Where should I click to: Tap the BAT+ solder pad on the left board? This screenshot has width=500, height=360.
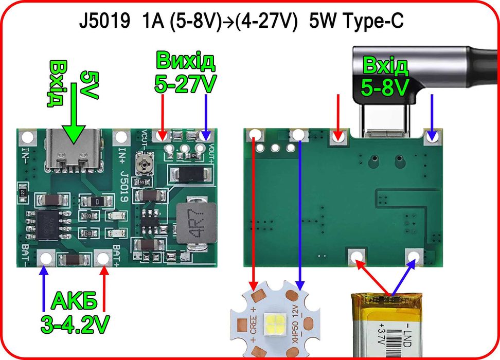104,257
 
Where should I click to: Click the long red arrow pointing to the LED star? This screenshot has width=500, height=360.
254,216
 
